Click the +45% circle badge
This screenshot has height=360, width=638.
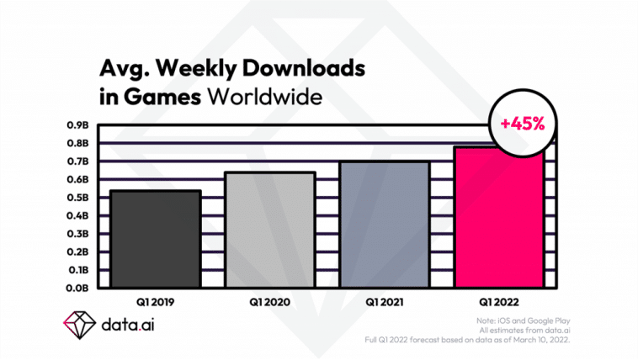click(522, 123)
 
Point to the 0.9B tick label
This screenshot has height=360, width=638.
click(79, 125)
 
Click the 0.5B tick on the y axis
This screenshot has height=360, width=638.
click(79, 198)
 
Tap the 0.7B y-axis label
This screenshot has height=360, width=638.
click(79, 161)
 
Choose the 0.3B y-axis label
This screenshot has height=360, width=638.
click(79, 234)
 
